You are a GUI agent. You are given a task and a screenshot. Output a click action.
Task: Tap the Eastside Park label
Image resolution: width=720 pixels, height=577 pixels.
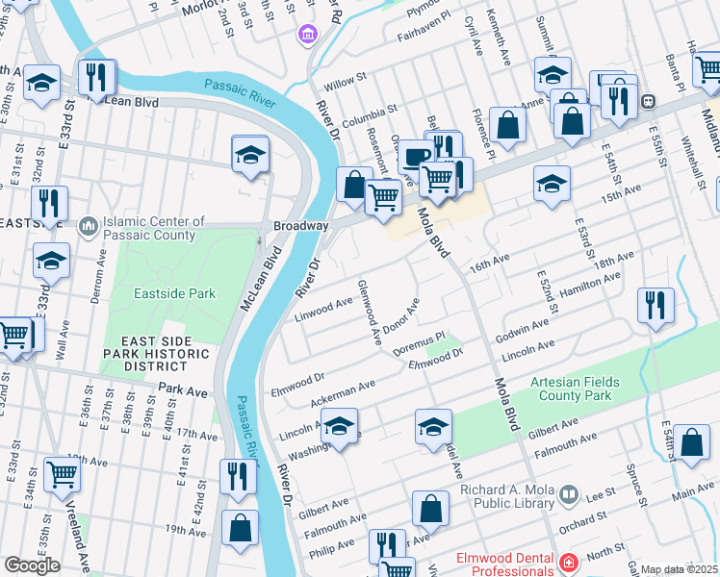(174, 293)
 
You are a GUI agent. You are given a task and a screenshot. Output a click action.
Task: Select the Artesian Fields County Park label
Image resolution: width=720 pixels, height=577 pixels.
(574, 389)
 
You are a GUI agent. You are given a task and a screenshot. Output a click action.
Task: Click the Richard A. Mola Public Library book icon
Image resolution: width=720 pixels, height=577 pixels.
(569, 495)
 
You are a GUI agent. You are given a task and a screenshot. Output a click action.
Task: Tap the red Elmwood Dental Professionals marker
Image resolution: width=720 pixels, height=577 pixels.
(569, 562)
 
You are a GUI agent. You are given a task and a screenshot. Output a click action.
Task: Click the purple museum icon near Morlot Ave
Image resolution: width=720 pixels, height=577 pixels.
(308, 36)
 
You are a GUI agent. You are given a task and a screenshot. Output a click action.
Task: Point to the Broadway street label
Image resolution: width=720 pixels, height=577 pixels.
(301, 225)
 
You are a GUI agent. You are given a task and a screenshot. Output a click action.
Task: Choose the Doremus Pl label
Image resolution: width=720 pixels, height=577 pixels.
(420, 339)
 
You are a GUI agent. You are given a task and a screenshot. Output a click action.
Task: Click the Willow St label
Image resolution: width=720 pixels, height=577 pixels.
(347, 76)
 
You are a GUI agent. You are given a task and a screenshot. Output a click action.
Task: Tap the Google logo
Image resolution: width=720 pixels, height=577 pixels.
(32, 564)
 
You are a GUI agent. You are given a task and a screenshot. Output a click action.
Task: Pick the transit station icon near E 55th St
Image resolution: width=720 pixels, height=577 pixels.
(649, 100)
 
